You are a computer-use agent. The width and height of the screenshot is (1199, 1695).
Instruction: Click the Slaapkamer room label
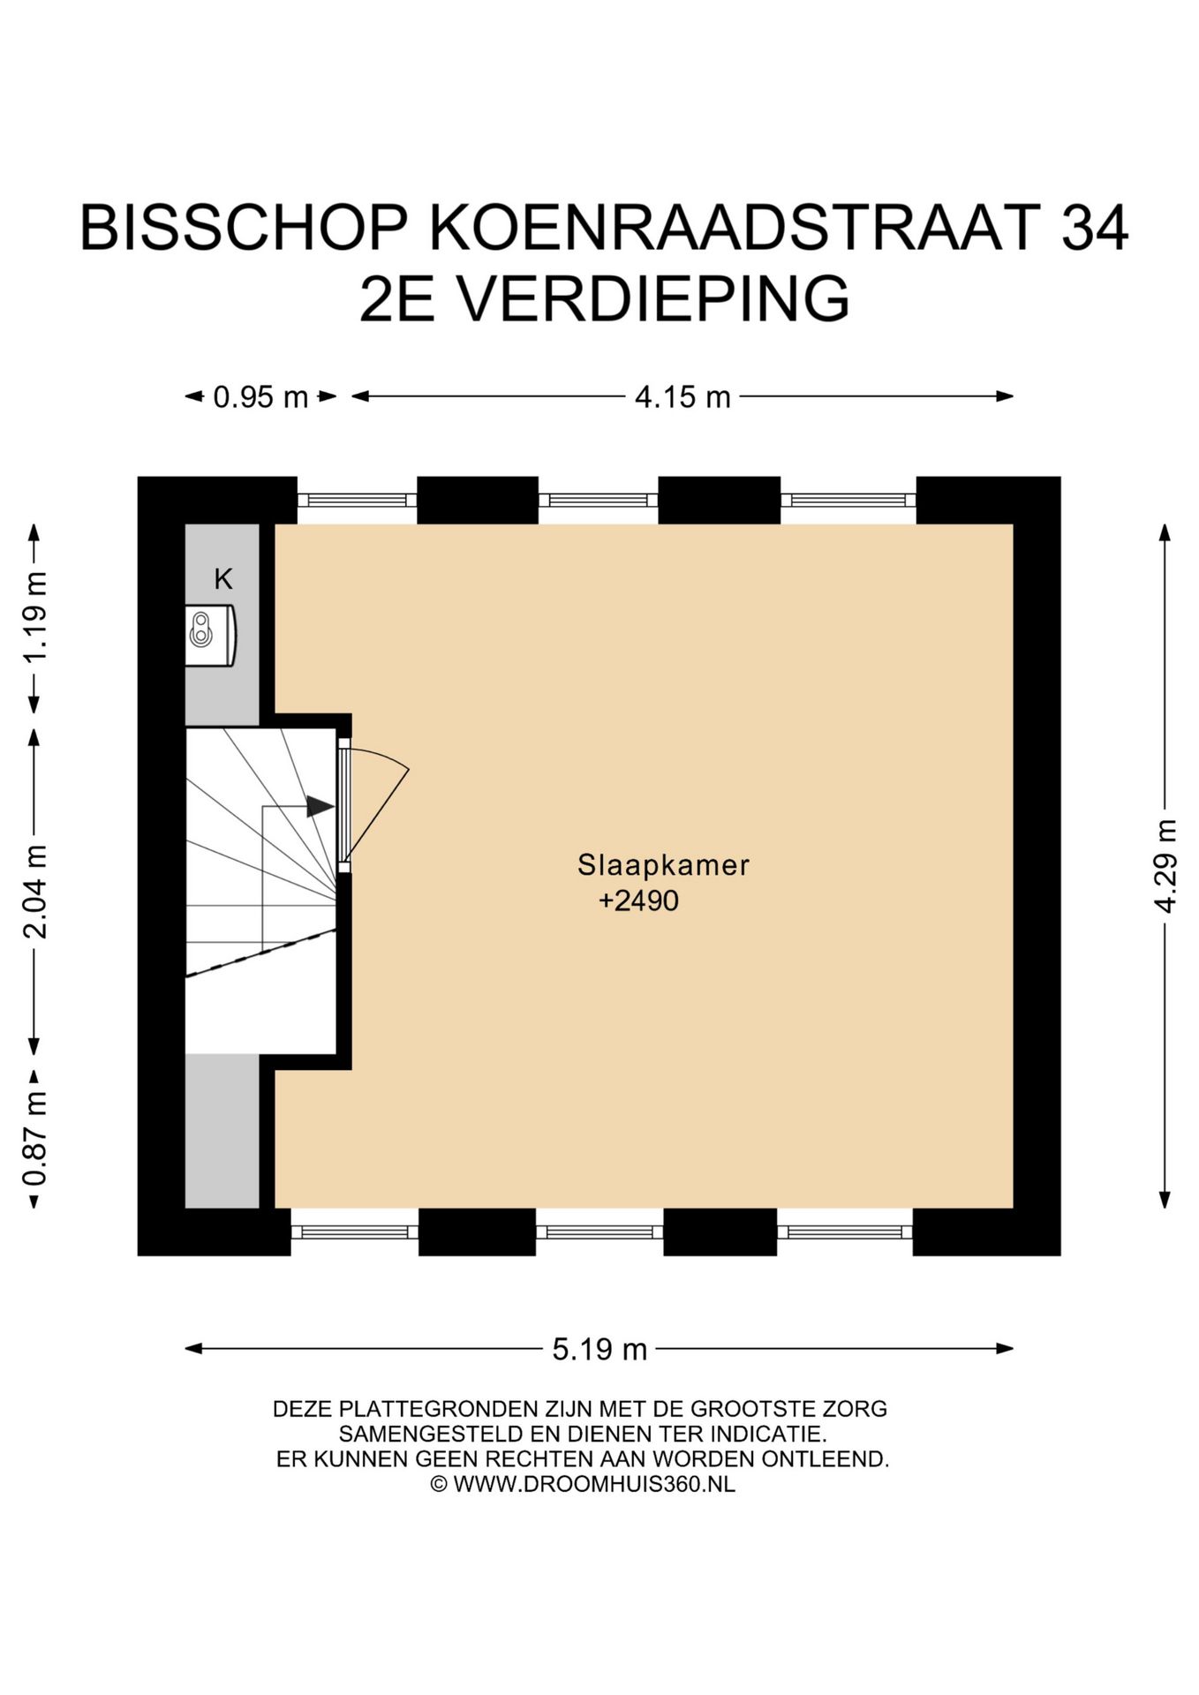coord(663,865)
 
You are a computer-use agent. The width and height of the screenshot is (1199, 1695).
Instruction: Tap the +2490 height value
coord(638,901)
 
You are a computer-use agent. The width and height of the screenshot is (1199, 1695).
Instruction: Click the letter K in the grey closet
coord(223,580)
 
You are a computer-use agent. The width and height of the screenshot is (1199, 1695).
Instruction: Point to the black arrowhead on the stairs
coord(320,806)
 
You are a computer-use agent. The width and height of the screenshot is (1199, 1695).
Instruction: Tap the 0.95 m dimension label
coord(260,397)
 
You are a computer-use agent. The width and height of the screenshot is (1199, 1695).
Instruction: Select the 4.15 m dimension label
coord(682,397)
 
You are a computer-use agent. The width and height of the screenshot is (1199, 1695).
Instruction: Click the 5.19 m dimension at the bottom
coord(599,1349)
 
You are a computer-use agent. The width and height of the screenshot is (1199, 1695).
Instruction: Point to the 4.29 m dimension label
coord(1165,866)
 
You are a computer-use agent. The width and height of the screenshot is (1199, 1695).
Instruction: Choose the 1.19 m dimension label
coord(35,618)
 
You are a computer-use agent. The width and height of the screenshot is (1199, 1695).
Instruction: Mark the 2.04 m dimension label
coord(35,892)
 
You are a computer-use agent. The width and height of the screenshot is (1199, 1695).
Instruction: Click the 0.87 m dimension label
coord(35,1139)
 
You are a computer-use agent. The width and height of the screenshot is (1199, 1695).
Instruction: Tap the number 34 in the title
coord(1095,228)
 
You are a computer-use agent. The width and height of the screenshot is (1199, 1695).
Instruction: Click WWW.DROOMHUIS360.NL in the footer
coord(593,1484)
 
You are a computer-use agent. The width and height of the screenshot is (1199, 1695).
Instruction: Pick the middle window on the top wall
coord(598,501)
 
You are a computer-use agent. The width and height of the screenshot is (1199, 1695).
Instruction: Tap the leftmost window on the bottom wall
coord(354,1232)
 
